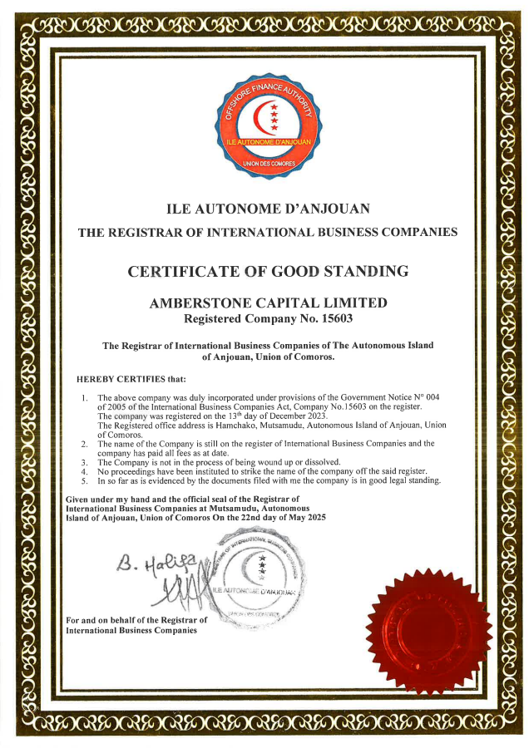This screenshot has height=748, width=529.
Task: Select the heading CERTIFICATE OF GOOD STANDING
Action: point(268,271)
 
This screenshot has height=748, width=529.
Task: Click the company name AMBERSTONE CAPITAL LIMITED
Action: point(268,303)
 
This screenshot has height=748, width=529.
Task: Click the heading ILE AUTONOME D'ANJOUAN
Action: point(268,208)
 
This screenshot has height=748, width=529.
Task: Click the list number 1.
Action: point(85,398)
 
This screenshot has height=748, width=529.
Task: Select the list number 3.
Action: point(85,461)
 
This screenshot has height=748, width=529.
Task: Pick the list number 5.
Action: point(85,480)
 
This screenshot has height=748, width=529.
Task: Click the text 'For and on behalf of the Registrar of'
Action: point(136,620)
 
